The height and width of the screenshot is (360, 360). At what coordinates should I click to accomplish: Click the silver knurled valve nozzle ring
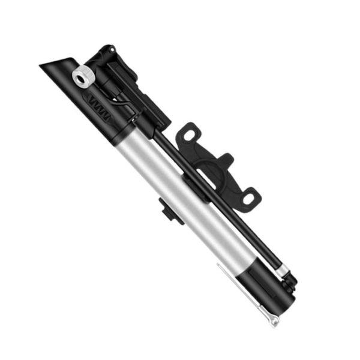[x=83, y=77]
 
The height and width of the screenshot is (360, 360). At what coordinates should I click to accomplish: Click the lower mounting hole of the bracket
[x=250, y=197]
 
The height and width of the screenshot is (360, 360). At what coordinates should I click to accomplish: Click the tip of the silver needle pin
[x=274, y=325]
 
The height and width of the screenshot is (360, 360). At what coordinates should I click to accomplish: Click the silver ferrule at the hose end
[x=281, y=272]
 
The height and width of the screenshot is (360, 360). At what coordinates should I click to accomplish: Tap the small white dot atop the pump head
[x=109, y=47]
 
